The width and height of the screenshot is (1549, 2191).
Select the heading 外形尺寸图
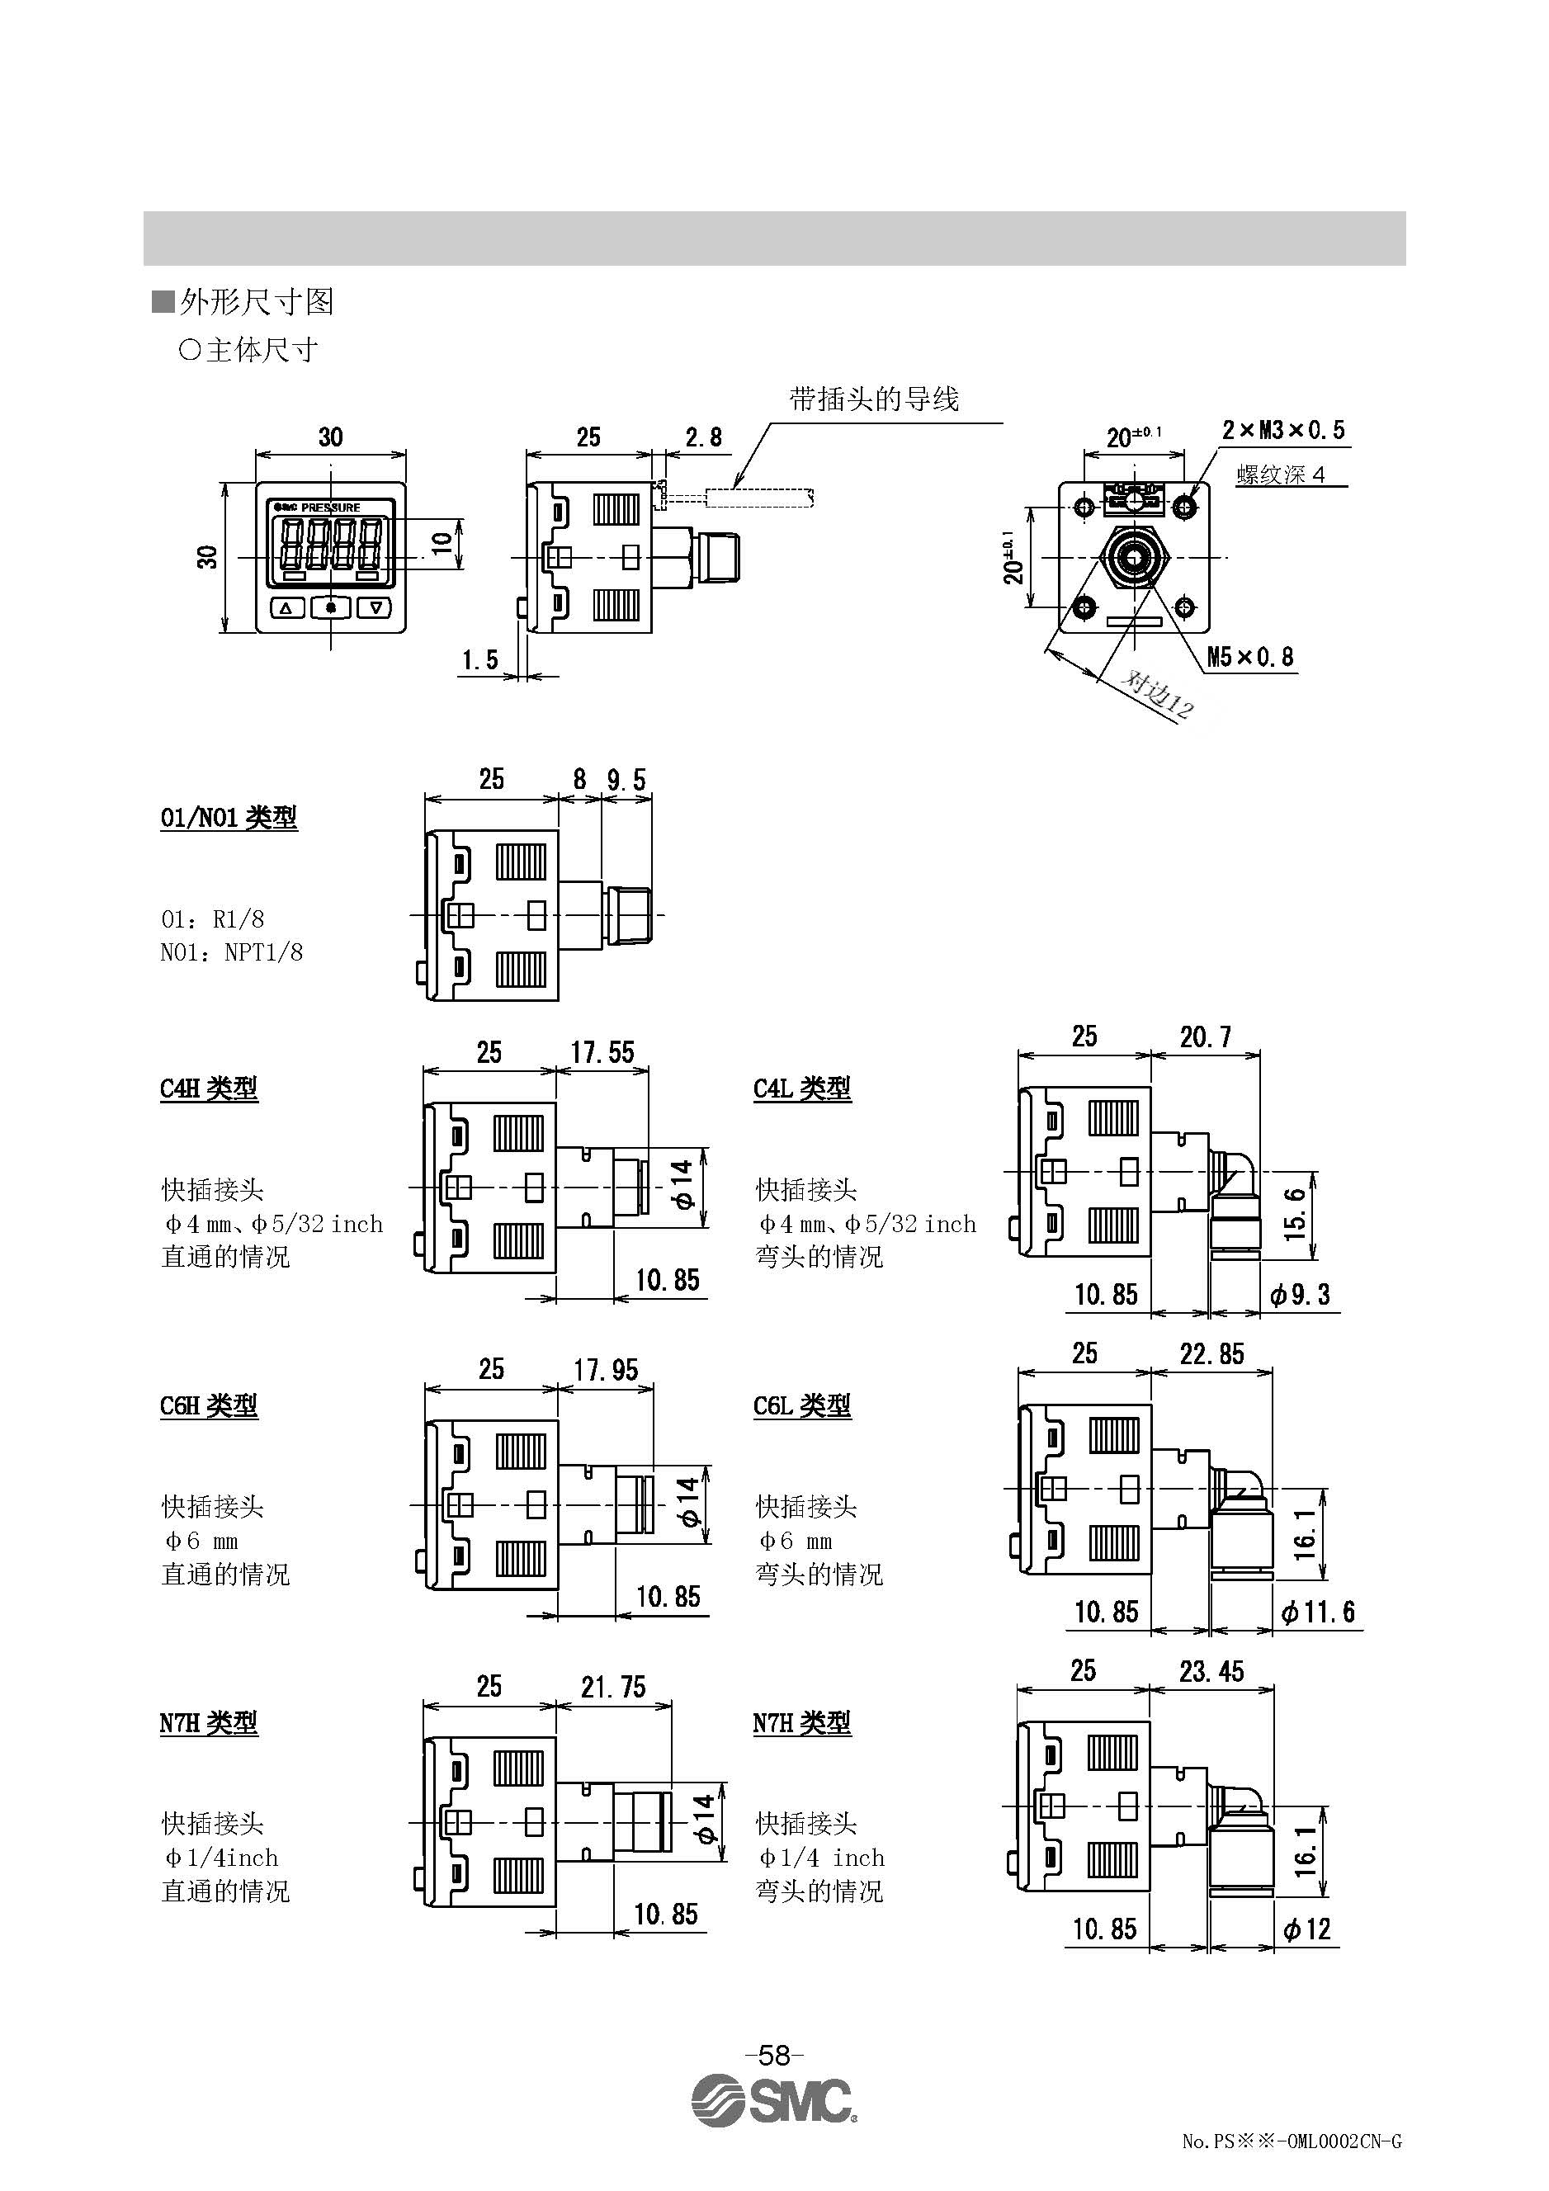click(x=256, y=303)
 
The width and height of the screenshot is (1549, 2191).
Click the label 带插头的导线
click(x=873, y=399)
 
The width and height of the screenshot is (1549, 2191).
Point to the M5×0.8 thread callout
click(x=1250, y=657)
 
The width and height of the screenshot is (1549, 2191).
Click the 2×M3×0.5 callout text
click(x=1283, y=431)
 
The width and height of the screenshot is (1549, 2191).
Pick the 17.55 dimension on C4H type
click(x=602, y=1052)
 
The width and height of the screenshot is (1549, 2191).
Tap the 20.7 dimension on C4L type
click(x=1206, y=1037)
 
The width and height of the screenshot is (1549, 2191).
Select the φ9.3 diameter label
click(x=1300, y=1295)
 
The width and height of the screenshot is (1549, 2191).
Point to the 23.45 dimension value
click(x=1211, y=1672)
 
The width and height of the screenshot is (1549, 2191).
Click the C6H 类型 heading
click(x=209, y=1405)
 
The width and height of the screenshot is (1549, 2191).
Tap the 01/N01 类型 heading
click(x=229, y=818)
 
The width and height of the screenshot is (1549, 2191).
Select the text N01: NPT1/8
click(x=232, y=952)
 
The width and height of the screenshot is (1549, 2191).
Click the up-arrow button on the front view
click(x=287, y=607)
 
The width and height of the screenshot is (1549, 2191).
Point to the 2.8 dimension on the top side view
click(x=703, y=437)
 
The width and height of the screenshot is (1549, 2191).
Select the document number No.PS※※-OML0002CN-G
click(x=1292, y=2168)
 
